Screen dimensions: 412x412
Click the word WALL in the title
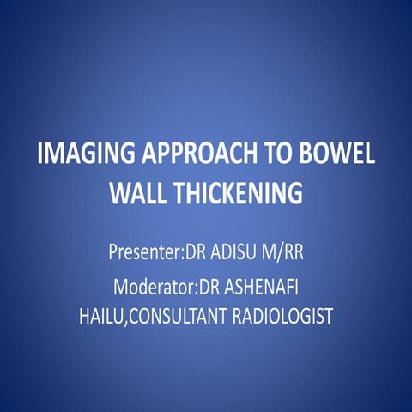point(141,195)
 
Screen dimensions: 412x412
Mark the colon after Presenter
point(182,256)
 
